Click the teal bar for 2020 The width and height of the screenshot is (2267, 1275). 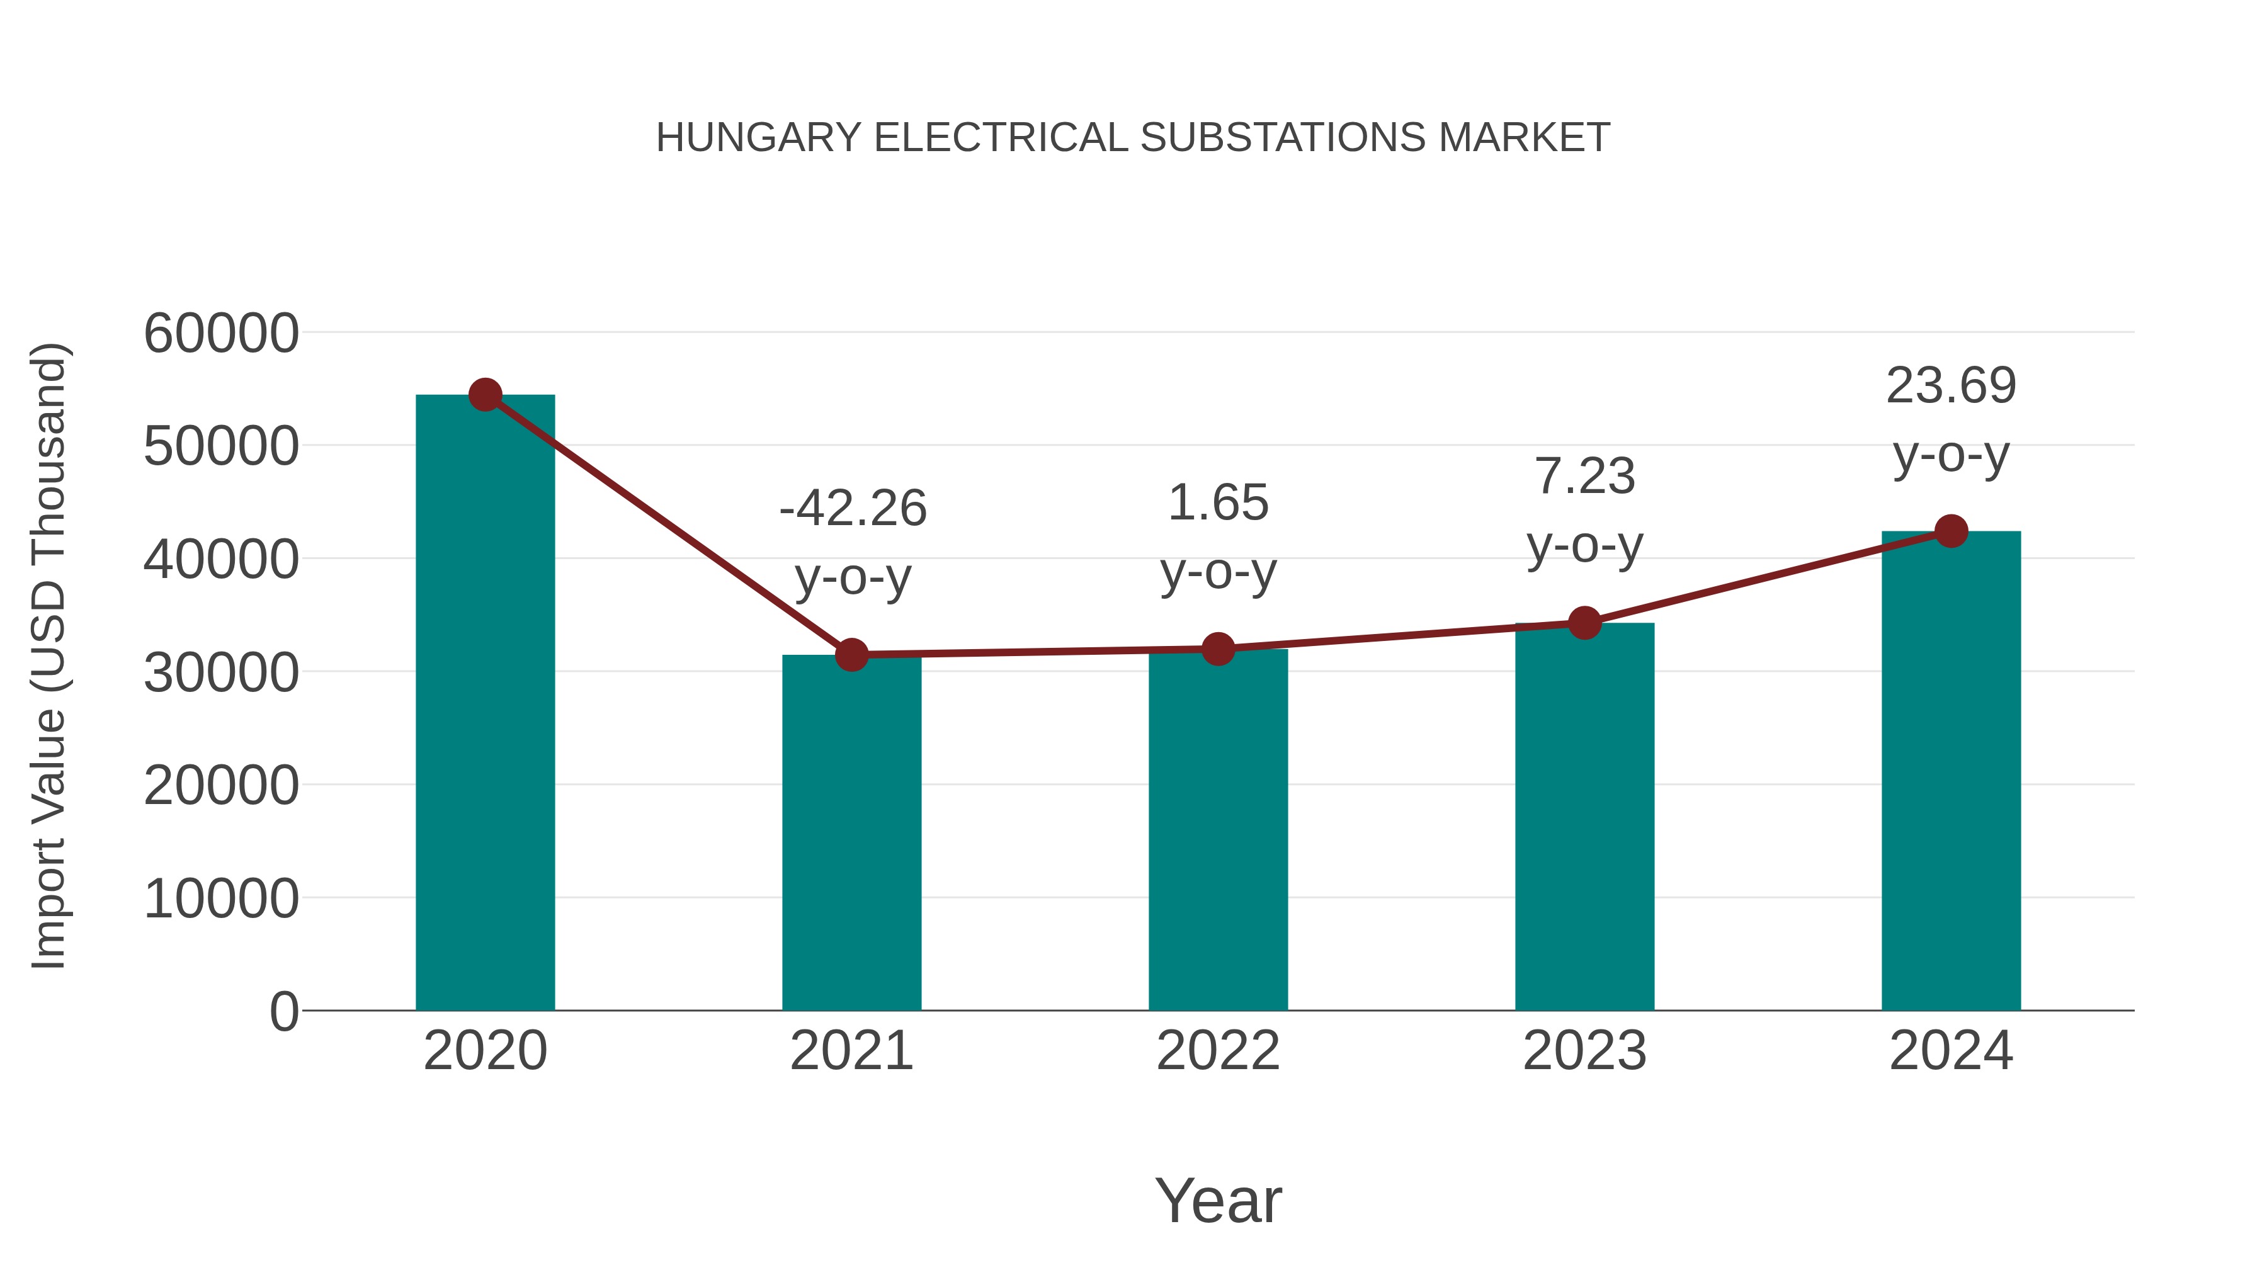coord(485,704)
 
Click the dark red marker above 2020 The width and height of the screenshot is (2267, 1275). coord(485,395)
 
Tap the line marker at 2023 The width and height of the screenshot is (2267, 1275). coord(1584,623)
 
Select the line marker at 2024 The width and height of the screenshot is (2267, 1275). coord(1951,531)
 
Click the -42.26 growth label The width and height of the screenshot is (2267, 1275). coord(853,509)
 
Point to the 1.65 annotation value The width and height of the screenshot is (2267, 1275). coord(1218,503)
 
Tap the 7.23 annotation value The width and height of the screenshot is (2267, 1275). coord(1584,477)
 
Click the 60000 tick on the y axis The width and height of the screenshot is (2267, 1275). coord(221,334)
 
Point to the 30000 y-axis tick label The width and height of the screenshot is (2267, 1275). coord(221,673)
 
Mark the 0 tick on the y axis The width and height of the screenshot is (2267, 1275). coord(283,1012)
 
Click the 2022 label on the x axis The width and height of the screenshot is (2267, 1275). coord(1218,1051)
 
